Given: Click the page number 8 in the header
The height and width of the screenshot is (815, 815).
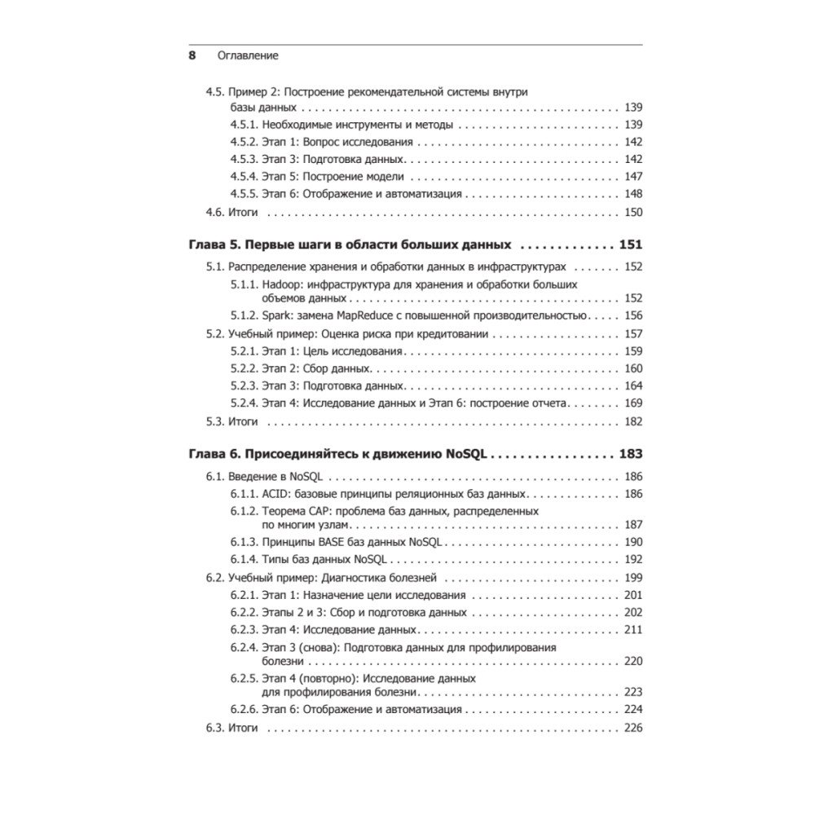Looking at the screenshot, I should [x=192, y=56].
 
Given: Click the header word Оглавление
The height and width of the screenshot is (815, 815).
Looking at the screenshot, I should [x=248, y=56].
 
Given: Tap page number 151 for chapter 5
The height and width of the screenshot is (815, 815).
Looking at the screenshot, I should [x=631, y=244].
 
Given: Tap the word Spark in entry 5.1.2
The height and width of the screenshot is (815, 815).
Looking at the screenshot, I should [x=278, y=316].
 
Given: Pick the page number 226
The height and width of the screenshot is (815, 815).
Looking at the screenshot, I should [x=633, y=728].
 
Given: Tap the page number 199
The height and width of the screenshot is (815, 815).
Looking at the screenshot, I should [x=633, y=578].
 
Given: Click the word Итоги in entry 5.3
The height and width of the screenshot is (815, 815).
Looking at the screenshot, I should [x=243, y=421].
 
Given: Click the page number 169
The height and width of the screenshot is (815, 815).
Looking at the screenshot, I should [x=633, y=403].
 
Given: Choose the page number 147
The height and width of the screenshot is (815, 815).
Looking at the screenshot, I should [x=633, y=177].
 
